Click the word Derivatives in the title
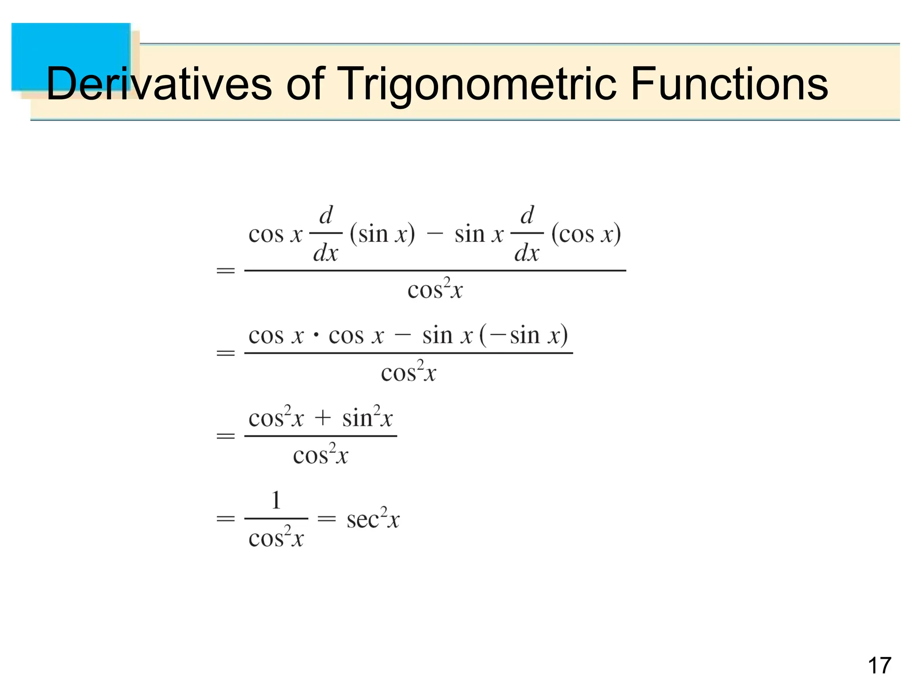click(x=159, y=84)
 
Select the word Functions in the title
click(x=729, y=84)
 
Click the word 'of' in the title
click(x=305, y=84)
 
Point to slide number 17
click(x=879, y=666)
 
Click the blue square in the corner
click(x=71, y=56)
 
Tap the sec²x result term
click(x=373, y=519)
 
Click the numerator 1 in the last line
click(x=276, y=500)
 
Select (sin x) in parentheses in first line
click(x=382, y=234)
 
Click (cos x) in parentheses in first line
click(x=586, y=234)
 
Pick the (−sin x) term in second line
click(x=523, y=336)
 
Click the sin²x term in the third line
click(x=367, y=417)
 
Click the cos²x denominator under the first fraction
click(x=435, y=289)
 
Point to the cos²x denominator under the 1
click(x=276, y=537)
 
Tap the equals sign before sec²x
click(x=327, y=519)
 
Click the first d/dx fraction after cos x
click(x=326, y=234)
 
